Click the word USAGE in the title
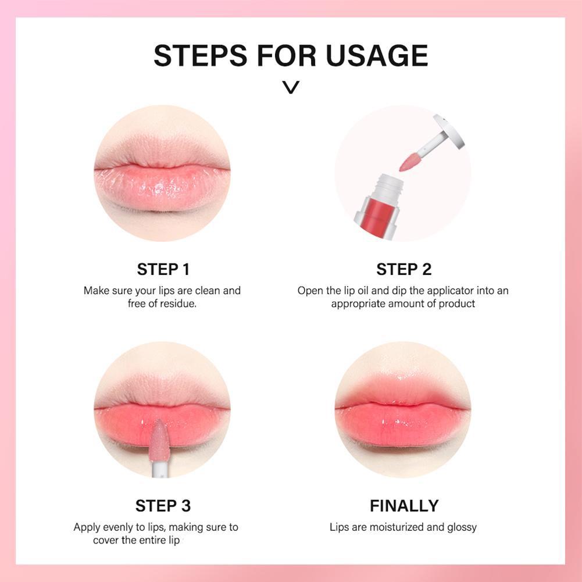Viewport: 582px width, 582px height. pos(377,55)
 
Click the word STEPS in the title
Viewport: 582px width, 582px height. pos(201,55)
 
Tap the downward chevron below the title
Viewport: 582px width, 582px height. pos(291,88)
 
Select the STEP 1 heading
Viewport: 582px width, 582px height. pos(163,269)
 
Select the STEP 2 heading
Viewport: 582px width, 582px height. pos(404,269)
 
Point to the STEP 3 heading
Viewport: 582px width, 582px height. pos(163,505)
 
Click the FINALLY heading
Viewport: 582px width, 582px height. pos(404,505)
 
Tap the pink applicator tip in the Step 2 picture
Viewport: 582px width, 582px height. pos(409,162)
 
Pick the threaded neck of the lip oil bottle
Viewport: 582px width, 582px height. pos(388,187)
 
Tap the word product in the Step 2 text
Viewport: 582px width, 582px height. pos(456,304)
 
